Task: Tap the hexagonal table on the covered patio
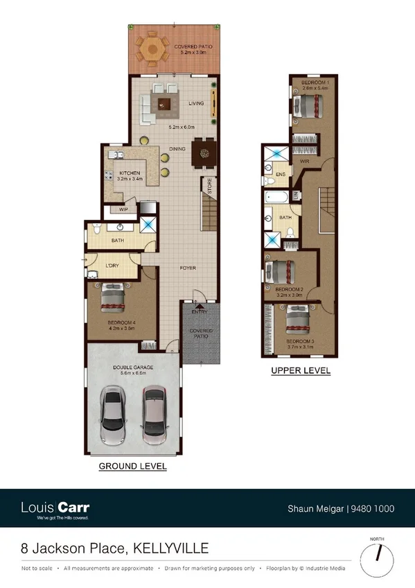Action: click(152, 50)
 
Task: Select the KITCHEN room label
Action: click(130, 173)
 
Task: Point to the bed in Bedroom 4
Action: click(112, 299)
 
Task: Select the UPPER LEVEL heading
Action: click(301, 371)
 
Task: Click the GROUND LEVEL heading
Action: click(132, 466)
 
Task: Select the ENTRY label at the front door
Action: click(200, 312)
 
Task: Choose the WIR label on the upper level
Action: click(304, 161)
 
